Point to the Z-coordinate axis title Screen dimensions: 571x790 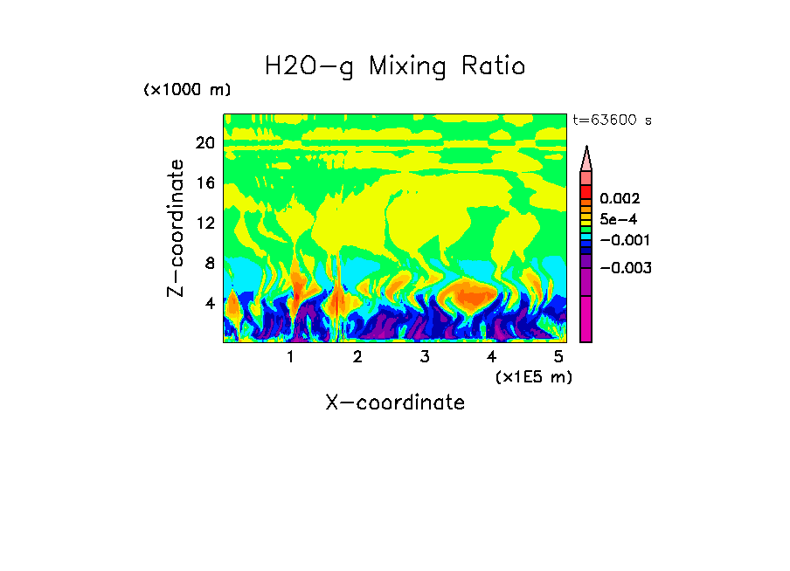[x=177, y=228]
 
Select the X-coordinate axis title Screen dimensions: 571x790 [x=395, y=402]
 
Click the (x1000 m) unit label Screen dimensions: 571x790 [x=187, y=91]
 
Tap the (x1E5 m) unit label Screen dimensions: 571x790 [x=533, y=376]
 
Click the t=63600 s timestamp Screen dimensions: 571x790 [x=612, y=120]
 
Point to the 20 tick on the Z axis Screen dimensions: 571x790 [x=204, y=143]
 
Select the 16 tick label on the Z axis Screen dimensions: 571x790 [x=204, y=183]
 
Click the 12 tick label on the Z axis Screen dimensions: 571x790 [x=204, y=224]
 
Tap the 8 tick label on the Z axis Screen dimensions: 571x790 [x=209, y=264]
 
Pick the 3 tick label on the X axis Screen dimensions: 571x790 [x=424, y=356]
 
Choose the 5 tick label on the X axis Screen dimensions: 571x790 [x=558, y=356]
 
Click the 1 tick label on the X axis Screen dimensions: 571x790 [x=290, y=356]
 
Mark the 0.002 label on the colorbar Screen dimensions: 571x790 [x=619, y=200]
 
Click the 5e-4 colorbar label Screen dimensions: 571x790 [x=619, y=220]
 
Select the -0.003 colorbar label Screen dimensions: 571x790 [x=626, y=268]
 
